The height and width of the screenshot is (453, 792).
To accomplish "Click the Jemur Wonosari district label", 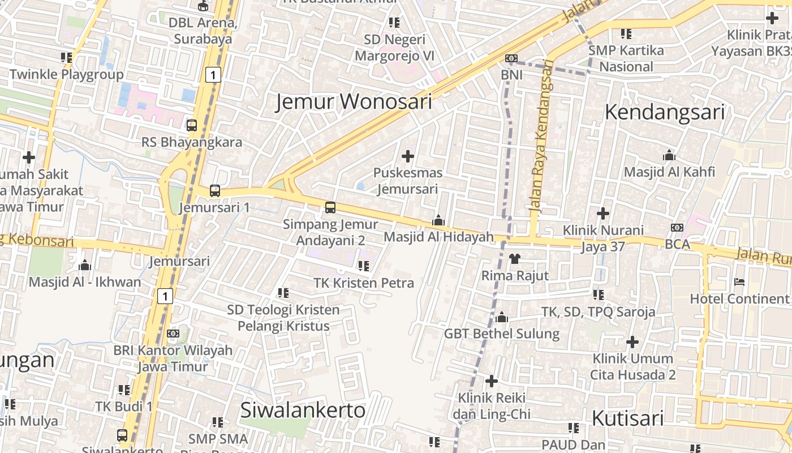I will tap(354, 102).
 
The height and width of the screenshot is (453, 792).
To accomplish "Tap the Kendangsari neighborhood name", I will tap(664, 112).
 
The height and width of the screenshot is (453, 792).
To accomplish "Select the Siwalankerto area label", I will tap(303, 411).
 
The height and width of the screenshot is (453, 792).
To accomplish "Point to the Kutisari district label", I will tap(627, 418).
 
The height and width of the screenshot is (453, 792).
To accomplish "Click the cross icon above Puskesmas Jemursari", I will tap(407, 156).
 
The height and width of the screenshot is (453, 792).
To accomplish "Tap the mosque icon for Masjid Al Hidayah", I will tap(438, 220).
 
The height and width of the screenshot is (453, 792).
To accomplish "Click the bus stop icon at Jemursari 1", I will tap(215, 191).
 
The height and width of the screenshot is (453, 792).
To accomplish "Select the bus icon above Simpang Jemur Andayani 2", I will tap(330, 208).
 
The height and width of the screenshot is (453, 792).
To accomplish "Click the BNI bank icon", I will tap(511, 58).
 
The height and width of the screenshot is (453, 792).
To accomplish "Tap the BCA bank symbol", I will tap(677, 228).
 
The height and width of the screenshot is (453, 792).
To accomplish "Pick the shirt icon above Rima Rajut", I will tap(514, 259).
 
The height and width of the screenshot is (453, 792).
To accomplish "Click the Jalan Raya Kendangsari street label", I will tap(540, 136).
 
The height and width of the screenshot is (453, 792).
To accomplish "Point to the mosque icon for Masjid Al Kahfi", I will tap(669, 155).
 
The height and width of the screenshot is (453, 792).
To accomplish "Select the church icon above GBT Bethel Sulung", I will tap(501, 317).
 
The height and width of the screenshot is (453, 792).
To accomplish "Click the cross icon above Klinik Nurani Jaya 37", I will tap(603, 213).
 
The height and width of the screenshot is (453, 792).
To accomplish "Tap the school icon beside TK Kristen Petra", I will tap(364, 266).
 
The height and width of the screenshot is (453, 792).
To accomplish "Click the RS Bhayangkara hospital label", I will tap(191, 142).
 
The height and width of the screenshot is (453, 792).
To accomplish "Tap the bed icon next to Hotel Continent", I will tap(739, 282).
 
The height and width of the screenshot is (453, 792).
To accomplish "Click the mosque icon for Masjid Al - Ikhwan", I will tap(85, 265).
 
